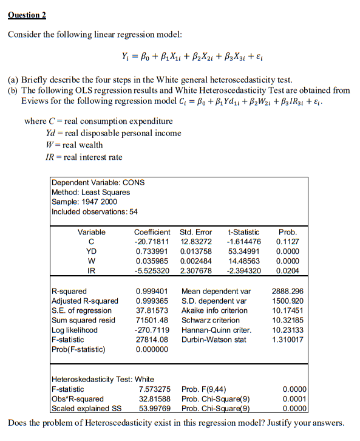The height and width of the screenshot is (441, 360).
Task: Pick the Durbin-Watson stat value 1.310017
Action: tap(287, 340)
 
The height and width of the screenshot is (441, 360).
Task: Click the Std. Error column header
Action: tap(196, 232)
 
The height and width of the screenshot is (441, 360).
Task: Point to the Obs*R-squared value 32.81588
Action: tap(155, 398)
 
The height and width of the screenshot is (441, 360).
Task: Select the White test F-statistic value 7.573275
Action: tap(155, 389)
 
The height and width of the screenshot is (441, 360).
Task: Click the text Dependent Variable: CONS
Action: tap(98, 182)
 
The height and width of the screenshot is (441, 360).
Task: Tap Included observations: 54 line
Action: tap(94, 211)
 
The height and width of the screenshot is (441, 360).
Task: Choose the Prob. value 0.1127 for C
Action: tap(287, 242)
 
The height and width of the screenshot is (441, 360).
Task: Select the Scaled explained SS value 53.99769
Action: tap(155, 408)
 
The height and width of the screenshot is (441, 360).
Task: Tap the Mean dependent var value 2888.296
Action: tap(287, 291)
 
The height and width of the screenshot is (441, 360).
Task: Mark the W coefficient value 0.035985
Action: tap(152, 261)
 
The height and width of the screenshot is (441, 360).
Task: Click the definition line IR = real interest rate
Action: tap(84, 157)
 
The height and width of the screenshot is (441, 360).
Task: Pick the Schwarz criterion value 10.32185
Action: tap(287, 320)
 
